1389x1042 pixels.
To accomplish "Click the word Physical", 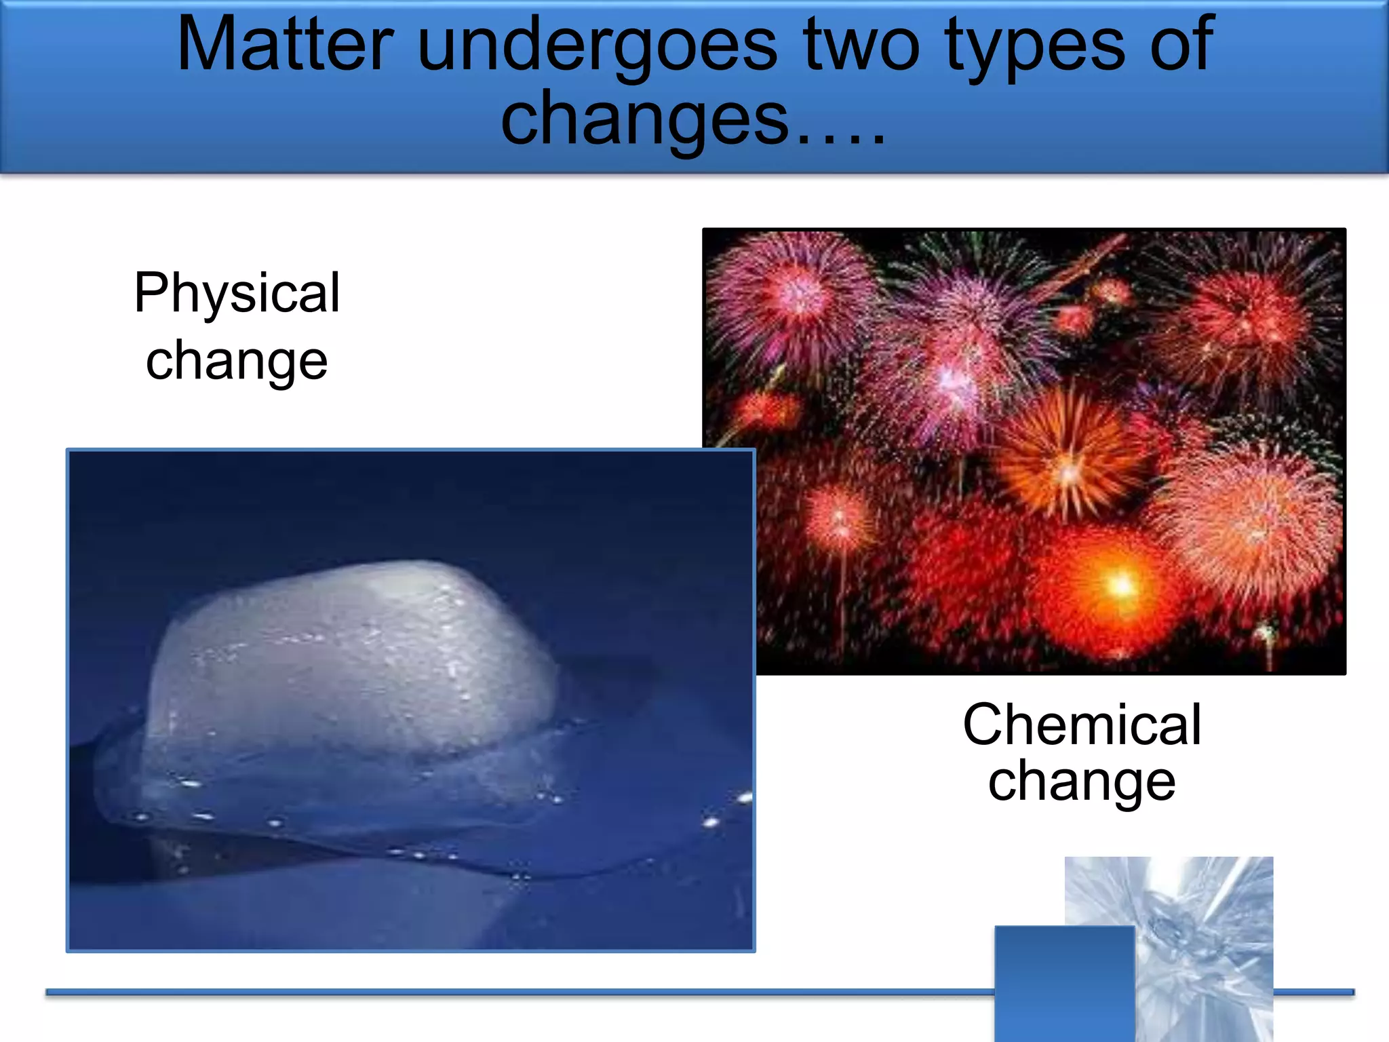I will (237, 293).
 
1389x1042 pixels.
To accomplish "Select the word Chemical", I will (1082, 725).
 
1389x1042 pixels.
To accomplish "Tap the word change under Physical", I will (237, 361).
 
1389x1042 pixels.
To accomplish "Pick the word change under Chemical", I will (1082, 781).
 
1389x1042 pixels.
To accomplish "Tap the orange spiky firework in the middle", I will (1068, 461).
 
